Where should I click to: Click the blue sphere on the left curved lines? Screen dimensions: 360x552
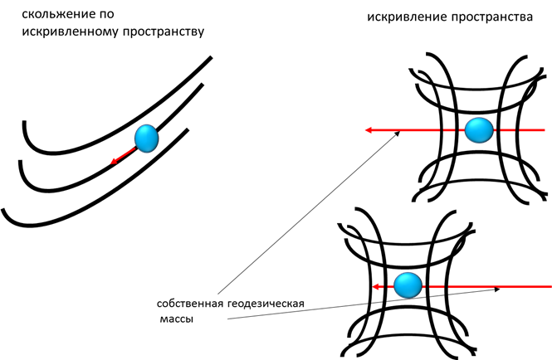(147, 138)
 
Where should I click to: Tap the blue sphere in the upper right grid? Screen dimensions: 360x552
(479, 130)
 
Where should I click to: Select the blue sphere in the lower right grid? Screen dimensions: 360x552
(408, 285)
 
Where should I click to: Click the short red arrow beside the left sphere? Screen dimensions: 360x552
(123, 155)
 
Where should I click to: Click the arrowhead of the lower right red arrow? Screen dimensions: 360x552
(376, 286)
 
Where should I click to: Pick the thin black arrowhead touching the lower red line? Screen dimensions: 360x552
(496, 289)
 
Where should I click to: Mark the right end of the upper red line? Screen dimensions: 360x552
(543, 130)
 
